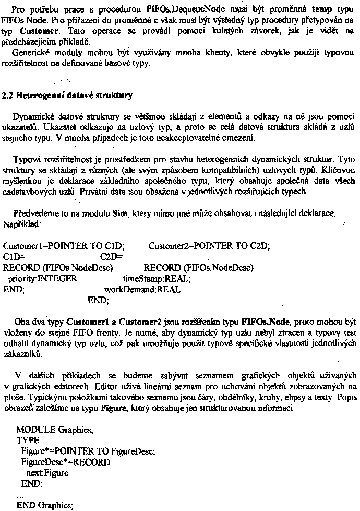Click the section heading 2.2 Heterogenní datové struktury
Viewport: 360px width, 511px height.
point(68,96)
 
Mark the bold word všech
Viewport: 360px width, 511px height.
point(345,181)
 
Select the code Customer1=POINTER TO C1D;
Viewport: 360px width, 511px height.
point(57,246)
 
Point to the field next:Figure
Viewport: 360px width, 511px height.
point(47,473)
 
